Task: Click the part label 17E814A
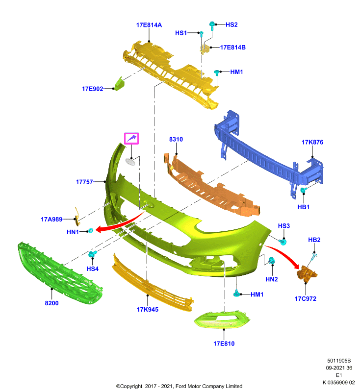coord(149,25)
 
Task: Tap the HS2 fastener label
coord(231,24)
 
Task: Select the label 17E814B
coord(232,47)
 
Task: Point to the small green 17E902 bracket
coord(120,83)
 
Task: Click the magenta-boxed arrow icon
coord(131,139)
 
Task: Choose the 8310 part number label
coord(176,139)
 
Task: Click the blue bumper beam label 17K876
coord(312,142)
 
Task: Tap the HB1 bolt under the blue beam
coord(303,191)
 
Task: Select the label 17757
coord(84,182)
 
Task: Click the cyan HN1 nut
coord(91,230)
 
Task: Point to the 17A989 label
coord(51,219)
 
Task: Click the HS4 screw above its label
coord(92,254)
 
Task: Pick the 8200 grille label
coord(51,303)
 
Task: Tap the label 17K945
coord(147,310)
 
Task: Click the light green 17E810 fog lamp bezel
coord(222,319)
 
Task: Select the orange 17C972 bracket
coord(307,273)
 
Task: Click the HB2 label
coord(314,240)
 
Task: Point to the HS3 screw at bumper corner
coord(283,242)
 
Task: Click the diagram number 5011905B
coord(339,361)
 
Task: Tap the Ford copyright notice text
coord(179,386)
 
